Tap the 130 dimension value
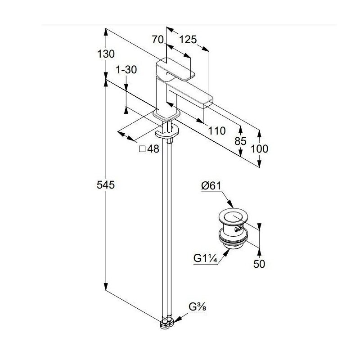[106, 54]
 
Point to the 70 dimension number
[157, 40]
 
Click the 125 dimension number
[188, 40]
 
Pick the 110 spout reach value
[216, 131]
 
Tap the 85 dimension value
[241, 141]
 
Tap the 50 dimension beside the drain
[259, 264]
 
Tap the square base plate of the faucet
[167, 115]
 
